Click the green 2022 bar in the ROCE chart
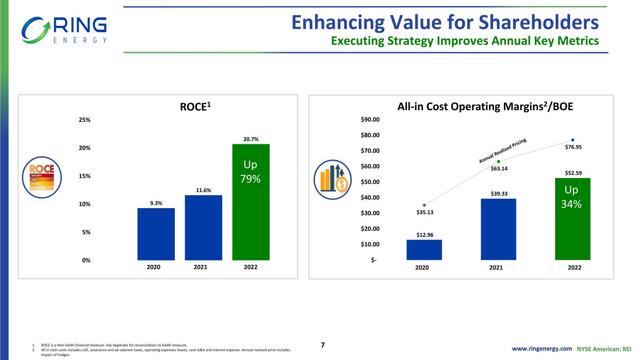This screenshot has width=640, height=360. (x=251, y=202)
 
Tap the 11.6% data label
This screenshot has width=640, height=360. (x=203, y=190)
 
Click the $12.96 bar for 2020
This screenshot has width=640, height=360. (x=424, y=249)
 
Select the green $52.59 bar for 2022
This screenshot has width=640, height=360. (x=572, y=218)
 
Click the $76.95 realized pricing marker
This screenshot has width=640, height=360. (x=572, y=140)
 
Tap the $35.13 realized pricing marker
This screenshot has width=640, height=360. (x=424, y=205)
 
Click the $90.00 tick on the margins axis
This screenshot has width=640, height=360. (x=370, y=120)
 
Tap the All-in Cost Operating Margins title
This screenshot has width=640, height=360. (x=485, y=107)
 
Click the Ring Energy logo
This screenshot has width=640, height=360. (x=64, y=30)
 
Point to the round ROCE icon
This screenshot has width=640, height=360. (x=42, y=176)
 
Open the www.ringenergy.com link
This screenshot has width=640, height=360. (x=542, y=349)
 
